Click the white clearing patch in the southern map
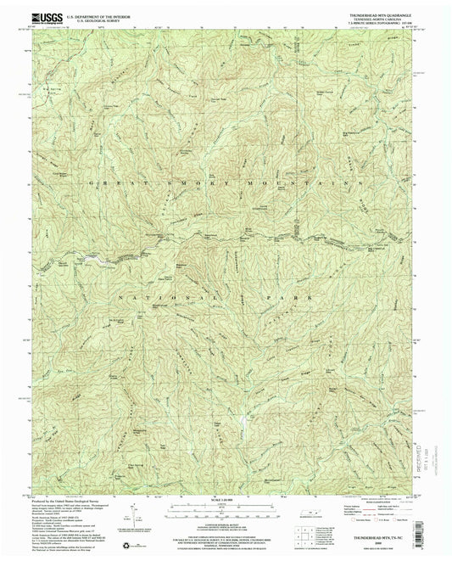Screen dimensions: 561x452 click(x=245, y=420)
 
